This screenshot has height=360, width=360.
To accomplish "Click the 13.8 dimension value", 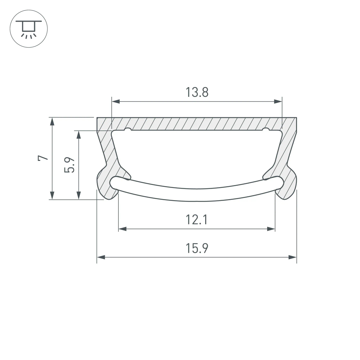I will coord(197,93).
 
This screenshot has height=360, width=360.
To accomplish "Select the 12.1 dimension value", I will coord(197,220).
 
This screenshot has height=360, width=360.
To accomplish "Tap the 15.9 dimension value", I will coord(197,248).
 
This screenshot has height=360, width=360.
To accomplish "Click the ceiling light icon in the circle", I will coord(28,28).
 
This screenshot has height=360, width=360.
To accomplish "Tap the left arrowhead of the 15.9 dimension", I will coord(101,257).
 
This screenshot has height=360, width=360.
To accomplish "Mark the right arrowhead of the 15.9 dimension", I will coord(293,257).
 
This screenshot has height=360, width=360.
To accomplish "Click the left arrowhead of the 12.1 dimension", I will coord(122,229).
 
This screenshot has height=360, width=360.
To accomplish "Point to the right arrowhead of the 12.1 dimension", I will coord(271,229).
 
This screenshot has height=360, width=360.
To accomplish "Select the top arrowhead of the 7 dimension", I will coord(53,121).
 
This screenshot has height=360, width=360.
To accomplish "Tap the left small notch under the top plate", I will coord(127,129).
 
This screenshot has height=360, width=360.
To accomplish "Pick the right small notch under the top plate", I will coord(266,129).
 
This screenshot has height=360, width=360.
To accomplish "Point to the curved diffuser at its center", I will coord(197,194).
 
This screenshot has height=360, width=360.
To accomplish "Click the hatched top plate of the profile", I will coord(197,123).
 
